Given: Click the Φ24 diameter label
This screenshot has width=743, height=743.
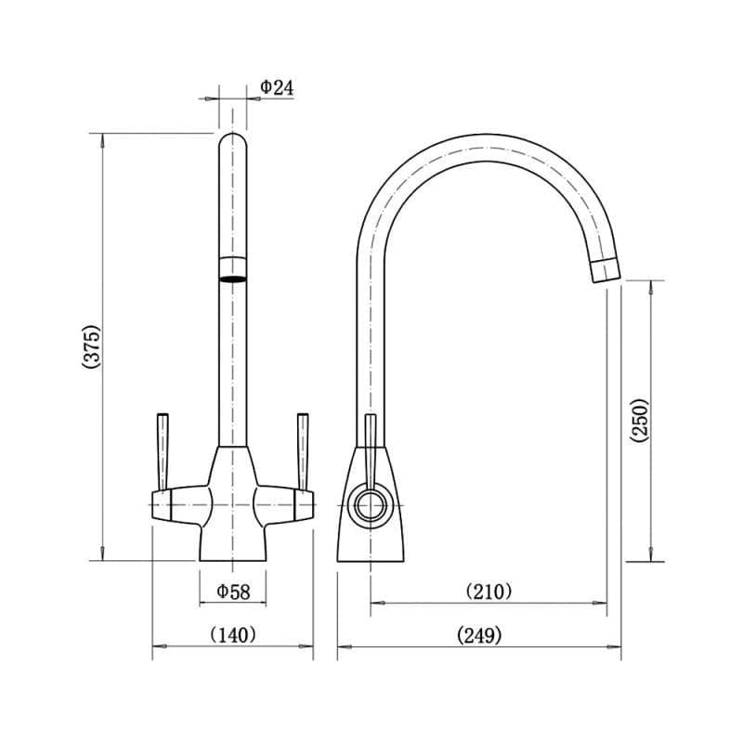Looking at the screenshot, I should point(277,87).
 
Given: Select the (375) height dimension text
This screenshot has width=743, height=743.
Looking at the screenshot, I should point(90,347).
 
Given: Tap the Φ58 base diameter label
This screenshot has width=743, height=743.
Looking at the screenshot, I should point(233,591).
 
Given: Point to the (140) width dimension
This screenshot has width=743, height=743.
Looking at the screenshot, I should point(233,635).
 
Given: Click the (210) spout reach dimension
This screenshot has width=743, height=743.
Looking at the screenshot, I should point(488,591).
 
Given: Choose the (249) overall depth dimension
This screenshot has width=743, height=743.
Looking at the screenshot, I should point(479,635).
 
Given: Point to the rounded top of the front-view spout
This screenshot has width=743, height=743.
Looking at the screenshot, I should point(233,141).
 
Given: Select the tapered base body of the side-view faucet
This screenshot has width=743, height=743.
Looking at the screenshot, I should point(371,534).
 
